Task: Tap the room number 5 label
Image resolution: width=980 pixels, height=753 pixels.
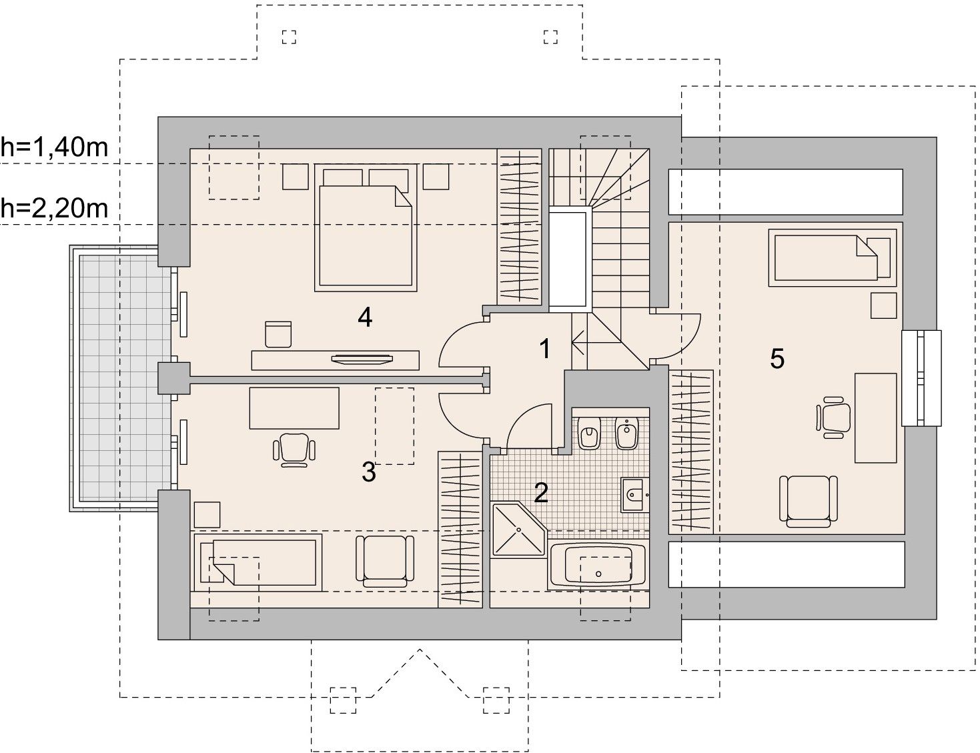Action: click(777, 359)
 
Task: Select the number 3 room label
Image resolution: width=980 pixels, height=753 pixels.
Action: click(368, 472)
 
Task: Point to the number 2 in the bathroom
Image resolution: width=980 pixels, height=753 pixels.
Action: click(541, 493)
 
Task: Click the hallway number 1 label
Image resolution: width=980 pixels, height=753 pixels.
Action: click(545, 349)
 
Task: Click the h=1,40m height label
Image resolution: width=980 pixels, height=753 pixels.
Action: click(54, 147)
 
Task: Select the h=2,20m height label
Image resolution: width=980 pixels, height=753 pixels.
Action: click(54, 208)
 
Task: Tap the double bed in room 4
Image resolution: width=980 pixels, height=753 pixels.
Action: click(366, 227)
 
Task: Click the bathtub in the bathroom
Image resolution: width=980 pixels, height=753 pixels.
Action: click(598, 566)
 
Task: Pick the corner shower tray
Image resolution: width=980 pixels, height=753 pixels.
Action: click(518, 530)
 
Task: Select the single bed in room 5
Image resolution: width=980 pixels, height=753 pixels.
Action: click(833, 257)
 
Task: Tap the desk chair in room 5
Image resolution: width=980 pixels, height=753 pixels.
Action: click(833, 417)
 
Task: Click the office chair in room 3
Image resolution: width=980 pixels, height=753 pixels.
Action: click(294, 450)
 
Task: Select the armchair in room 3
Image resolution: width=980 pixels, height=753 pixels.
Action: click(385, 561)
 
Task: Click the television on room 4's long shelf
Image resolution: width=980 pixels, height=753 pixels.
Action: click(362, 359)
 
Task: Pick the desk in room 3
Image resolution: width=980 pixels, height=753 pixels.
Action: click(294, 408)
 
